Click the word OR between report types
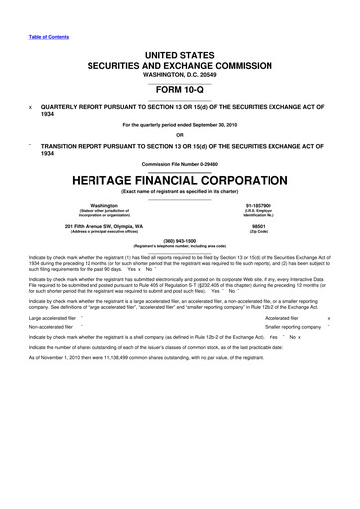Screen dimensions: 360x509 (180, 136)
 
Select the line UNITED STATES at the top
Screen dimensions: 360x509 (180, 50)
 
